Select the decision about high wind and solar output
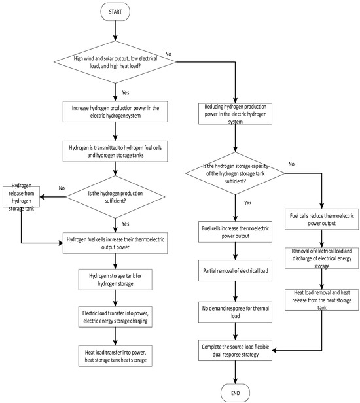[x=115, y=63]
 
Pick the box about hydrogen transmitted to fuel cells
[x=115, y=148]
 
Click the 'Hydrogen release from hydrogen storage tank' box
[x=22, y=198]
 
